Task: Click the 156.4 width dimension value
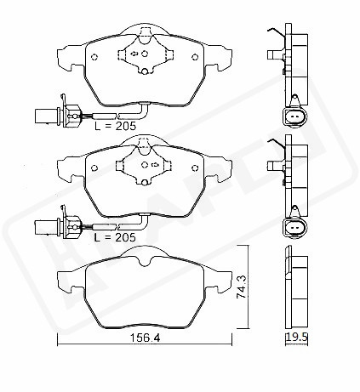145,338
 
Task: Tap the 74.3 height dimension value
242,287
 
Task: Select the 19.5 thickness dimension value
297,337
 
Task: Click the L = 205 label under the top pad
115,126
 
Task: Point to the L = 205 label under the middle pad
115,237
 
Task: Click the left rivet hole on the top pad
94,57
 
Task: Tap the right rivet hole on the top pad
195,57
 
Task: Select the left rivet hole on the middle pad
94,168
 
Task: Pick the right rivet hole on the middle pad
195,168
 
